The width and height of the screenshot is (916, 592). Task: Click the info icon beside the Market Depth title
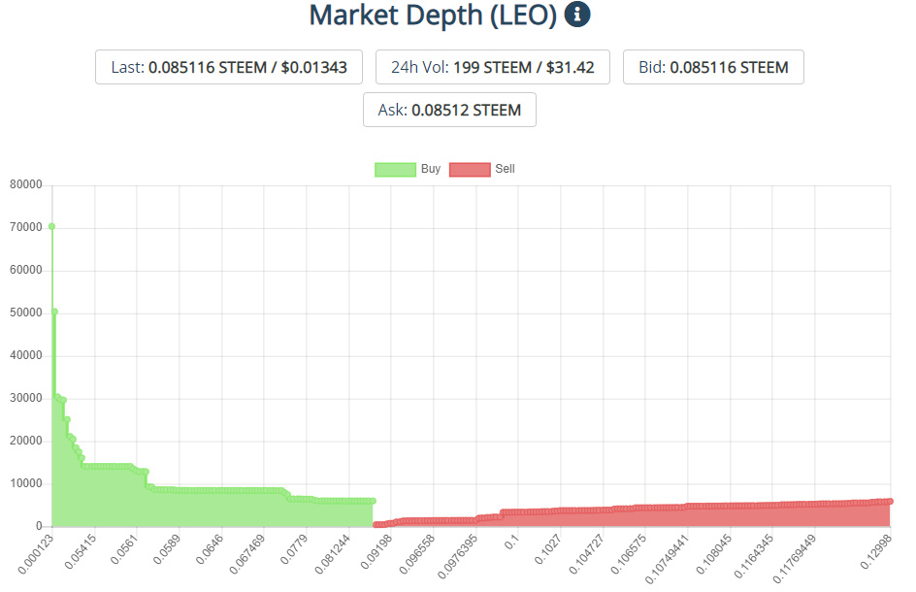point(577,15)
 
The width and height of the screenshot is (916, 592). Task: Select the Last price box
point(228,67)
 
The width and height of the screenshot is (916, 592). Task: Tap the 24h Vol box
point(492,67)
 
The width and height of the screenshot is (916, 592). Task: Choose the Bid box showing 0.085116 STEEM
point(713,67)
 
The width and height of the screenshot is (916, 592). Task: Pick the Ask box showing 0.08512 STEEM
point(449,110)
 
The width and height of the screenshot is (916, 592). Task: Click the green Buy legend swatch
point(395,170)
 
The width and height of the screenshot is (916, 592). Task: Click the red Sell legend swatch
point(470,170)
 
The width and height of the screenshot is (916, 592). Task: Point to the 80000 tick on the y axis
point(24,184)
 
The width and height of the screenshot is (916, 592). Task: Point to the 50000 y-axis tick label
point(24,312)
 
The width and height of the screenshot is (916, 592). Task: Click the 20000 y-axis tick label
point(24,441)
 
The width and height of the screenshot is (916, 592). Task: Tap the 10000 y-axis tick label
point(24,483)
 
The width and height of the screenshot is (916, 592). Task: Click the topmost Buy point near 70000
point(51,227)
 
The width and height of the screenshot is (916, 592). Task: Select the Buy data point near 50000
point(54,312)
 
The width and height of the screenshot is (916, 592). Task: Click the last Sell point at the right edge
point(889,501)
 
